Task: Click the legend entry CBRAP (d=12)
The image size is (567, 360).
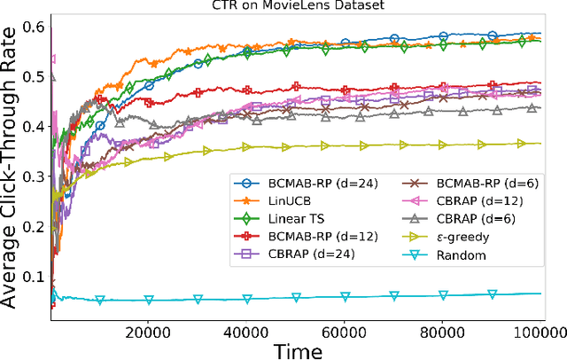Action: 433,201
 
